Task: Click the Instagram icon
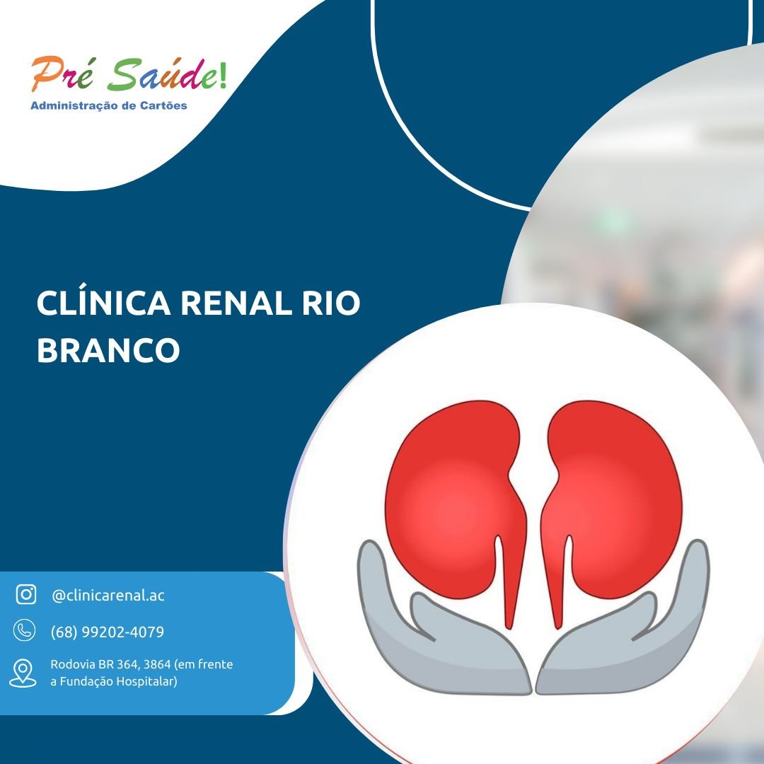tap(26, 594)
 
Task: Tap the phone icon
tap(24, 630)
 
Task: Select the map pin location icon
tap(23, 673)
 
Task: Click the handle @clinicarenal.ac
tap(108, 595)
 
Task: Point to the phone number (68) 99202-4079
tap(108, 632)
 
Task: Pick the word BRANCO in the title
tap(109, 350)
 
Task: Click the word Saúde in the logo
tap(161, 74)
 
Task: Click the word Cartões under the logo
tap(163, 105)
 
